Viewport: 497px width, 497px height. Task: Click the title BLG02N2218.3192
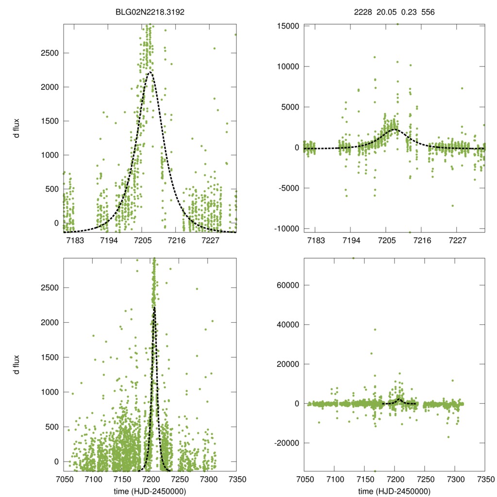(150, 13)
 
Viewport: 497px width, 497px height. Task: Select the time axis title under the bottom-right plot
(394, 491)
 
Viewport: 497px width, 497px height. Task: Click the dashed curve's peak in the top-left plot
(150, 72)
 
